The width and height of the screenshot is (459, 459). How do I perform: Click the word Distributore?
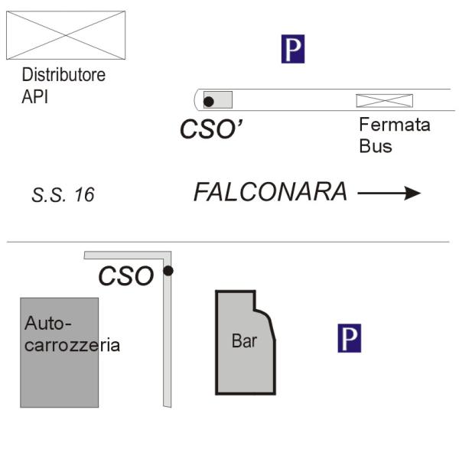pyautogui.click(x=63, y=75)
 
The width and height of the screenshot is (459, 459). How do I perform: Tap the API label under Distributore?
pyautogui.click(x=34, y=96)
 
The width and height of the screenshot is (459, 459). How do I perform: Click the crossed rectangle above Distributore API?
pyautogui.click(x=66, y=35)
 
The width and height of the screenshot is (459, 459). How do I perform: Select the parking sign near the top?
pyautogui.click(x=293, y=49)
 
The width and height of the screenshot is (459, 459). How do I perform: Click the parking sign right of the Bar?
pyautogui.click(x=350, y=338)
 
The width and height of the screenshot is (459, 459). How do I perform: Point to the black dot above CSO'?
pyautogui.click(x=208, y=102)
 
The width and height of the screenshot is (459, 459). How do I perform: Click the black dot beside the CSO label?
pyautogui.click(x=168, y=271)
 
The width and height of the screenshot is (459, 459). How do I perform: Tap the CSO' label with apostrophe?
pyautogui.click(x=211, y=129)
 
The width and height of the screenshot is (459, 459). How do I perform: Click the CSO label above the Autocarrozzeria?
pyautogui.click(x=126, y=275)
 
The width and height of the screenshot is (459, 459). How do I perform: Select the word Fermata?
pyautogui.click(x=395, y=125)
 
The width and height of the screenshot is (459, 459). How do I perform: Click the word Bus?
pyautogui.click(x=376, y=146)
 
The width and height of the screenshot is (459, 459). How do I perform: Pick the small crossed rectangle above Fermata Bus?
pyautogui.click(x=384, y=101)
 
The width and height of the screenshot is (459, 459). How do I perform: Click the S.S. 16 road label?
pyautogui.click(x=63, y=195)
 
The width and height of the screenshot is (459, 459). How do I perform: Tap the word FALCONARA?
pyautogui.click(x=271, y=192)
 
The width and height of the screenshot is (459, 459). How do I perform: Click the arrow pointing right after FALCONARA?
pyautogui.click(x=389, y=194)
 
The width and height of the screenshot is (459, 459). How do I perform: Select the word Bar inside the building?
pyautogui.click(x=244, y=341)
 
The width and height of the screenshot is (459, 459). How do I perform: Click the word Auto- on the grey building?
pyautogui.click(x=48, y=324)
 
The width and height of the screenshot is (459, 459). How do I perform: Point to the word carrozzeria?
pyautogui.click(x=73, y=346)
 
